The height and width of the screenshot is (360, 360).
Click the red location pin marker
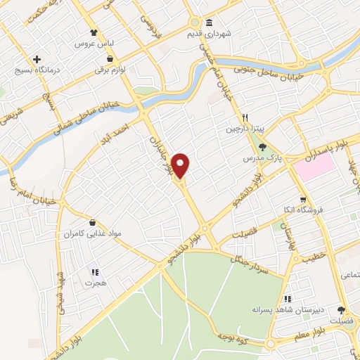click(x=181, y=165)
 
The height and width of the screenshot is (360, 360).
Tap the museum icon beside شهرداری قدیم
click(x=208, y=22)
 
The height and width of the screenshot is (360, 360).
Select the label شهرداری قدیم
click(x=208, y=33)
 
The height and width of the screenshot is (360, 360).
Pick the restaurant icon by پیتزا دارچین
click(x=245, y=118)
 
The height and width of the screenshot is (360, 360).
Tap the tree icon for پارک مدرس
click(x=262, y=148)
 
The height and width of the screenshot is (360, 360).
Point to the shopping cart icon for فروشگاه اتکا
click(x=302, y=199)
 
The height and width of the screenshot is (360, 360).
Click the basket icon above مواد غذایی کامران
click(x=91, y=223)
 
